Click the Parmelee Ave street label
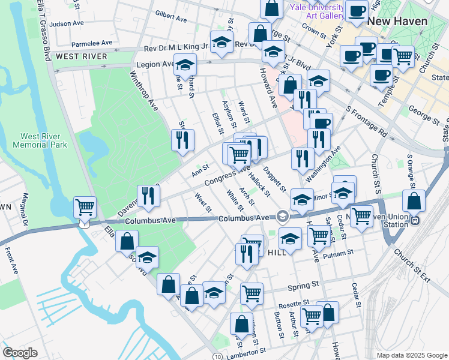(x=92, y=43)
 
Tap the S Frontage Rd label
(x=367, y=121)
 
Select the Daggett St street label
(x=274, y=179)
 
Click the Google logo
(x=20, y=353)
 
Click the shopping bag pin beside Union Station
(x=414, y=201)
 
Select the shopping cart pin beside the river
(x=85, y=208)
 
